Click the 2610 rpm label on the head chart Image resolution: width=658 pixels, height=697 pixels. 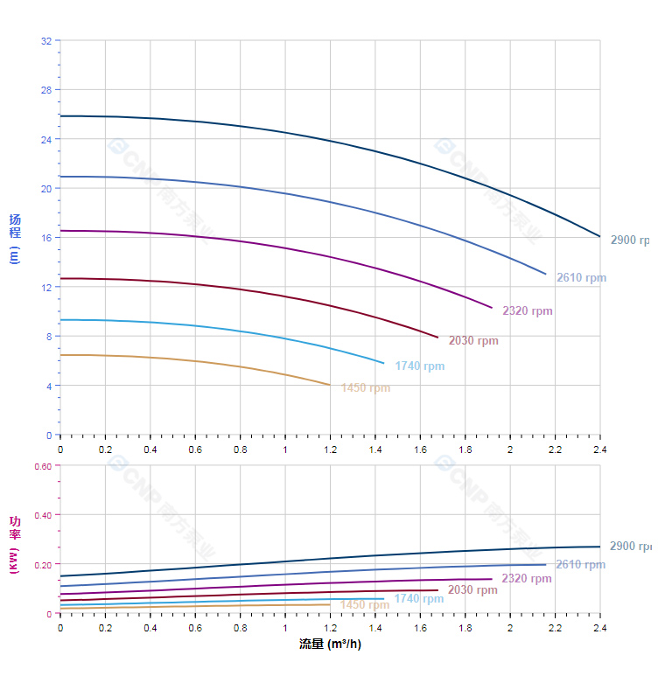581,278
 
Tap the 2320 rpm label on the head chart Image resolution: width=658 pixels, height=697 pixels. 527,311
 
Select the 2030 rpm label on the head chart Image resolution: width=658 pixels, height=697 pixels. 473,341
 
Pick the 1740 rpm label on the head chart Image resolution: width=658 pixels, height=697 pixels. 419,366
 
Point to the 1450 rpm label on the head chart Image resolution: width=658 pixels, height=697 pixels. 365,388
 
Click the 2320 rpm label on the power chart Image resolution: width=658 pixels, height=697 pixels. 527,579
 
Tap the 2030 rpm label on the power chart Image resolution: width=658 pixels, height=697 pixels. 472,590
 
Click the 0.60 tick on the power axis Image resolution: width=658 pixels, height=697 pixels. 43,466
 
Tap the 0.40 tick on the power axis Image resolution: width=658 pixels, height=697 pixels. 43,515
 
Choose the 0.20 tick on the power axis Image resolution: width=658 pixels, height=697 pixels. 43,564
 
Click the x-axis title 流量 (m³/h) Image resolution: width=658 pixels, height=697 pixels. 330,645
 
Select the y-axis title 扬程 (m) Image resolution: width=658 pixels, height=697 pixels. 15,238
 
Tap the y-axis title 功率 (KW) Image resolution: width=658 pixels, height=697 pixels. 15,545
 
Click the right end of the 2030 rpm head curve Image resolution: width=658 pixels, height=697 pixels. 437,337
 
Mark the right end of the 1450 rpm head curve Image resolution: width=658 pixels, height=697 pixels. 330,385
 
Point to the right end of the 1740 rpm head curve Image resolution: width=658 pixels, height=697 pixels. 383,362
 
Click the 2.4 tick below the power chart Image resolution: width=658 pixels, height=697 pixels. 600,628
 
